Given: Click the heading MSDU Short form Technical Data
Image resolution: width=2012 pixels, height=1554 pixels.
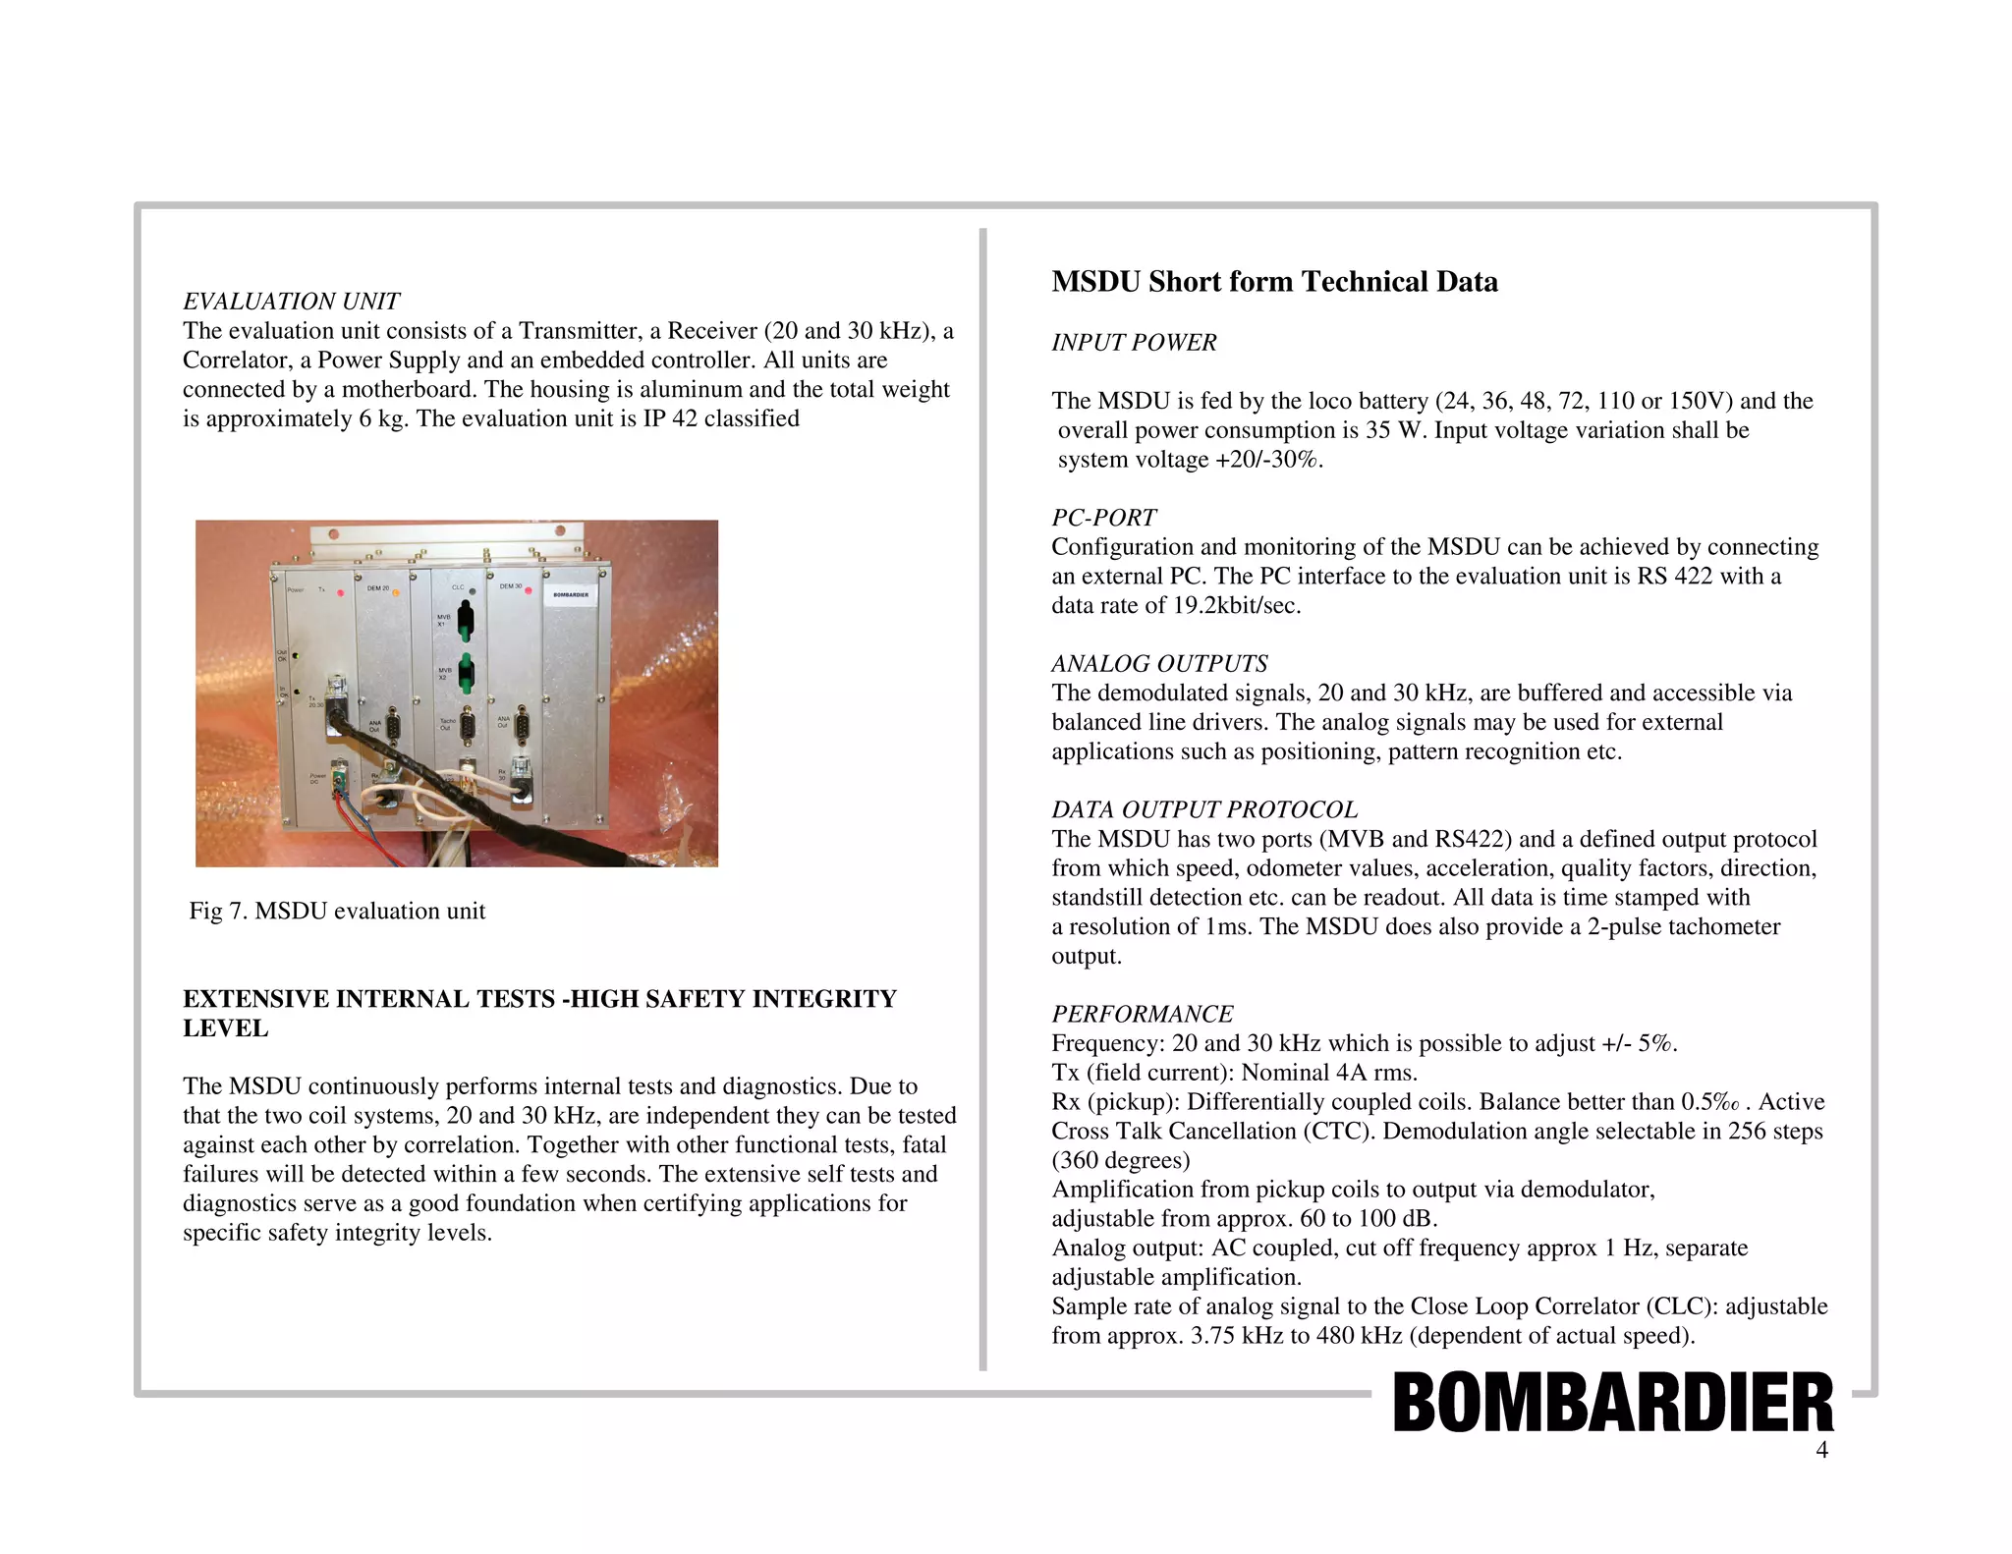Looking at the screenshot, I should [1274, 282].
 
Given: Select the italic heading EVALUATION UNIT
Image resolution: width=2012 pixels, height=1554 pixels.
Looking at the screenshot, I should [291, 302].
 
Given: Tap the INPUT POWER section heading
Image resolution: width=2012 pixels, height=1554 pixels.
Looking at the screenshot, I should [1134, 343].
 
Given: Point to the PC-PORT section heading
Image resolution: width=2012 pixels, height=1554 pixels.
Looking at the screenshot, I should [1103, 518].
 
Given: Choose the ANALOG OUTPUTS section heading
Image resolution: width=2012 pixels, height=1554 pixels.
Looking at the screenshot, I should [1159, 664].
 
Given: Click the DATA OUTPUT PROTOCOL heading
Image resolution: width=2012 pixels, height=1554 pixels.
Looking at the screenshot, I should [1204, 810].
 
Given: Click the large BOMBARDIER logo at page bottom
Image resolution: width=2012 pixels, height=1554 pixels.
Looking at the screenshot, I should [1612, 1403].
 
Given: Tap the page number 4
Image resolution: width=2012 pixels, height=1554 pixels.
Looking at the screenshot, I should [1821, 1450].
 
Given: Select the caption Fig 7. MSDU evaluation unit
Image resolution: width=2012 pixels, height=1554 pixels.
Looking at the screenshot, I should [337, 912].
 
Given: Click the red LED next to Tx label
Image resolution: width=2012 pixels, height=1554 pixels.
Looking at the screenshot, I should [340, 592].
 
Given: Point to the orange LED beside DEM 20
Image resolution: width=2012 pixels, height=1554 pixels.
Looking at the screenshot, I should [397, 592].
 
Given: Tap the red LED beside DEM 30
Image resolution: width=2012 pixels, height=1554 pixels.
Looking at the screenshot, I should [529, 590].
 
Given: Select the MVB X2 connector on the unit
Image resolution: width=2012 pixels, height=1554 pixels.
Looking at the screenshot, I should [467, 672].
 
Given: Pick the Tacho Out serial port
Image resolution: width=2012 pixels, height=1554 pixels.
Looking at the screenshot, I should [468, 725].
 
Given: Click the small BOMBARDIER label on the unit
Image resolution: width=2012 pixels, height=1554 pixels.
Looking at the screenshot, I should [571, 595].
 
